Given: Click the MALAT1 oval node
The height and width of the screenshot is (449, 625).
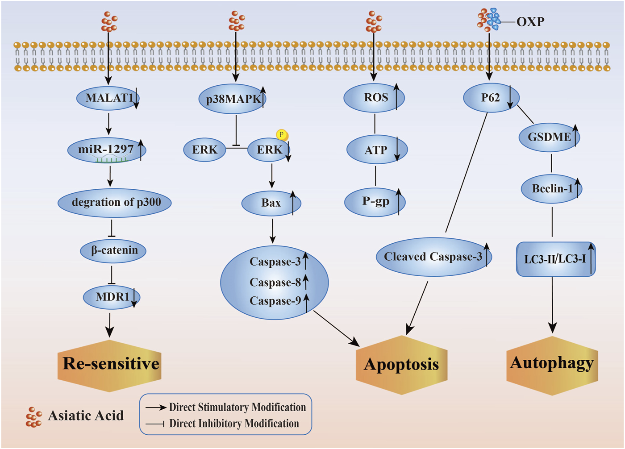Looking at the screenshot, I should pyautogui.click(x=108, y=98).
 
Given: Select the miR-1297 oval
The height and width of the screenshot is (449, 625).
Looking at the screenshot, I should pyautogui.click(x=107, y=150).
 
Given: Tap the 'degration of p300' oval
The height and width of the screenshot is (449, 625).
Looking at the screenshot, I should pyautogui.click(x=115, y=203).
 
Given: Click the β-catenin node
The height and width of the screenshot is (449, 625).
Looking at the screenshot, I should pyautogui.click(x=113, y=250).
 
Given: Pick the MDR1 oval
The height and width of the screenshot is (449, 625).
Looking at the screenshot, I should pyautogui.click(x=112, y=297).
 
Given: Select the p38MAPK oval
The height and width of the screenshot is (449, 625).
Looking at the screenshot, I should pyautogui.click(x=232, y=99).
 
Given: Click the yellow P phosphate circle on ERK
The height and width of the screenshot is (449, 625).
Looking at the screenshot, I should pyautogui.click(x=282, y=134).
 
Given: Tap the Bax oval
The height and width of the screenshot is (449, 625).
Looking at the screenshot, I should pyautogui.click(x=271, y=203).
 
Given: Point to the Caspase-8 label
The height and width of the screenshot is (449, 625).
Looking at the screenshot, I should pyautogui.click(x=275, y=283).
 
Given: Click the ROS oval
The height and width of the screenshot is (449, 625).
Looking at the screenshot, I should pyautogui.click(x=374, y=98).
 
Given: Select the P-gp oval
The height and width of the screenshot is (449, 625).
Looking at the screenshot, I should pyautogui.click(x=375, y=202).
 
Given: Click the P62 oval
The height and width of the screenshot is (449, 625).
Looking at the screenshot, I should pyautogui.click(x=491, y=98).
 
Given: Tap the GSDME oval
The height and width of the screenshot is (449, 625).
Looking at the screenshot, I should pyautogui.click(x=549, y=137).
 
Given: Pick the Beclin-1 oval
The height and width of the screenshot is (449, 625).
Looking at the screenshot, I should pyautogui.click(x=552, y=189).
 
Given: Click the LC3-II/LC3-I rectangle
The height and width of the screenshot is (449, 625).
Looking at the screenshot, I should pyautogui.click(x=555, y=259).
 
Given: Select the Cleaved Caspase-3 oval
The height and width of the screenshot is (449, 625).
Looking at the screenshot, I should pyautogui.click(x=433, y=257).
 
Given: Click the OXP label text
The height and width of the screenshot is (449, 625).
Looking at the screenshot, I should pyautogui.click(x=530, y=21).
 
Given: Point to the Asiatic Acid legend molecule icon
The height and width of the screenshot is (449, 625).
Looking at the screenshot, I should pyautogui.click(x=33, y=417).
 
